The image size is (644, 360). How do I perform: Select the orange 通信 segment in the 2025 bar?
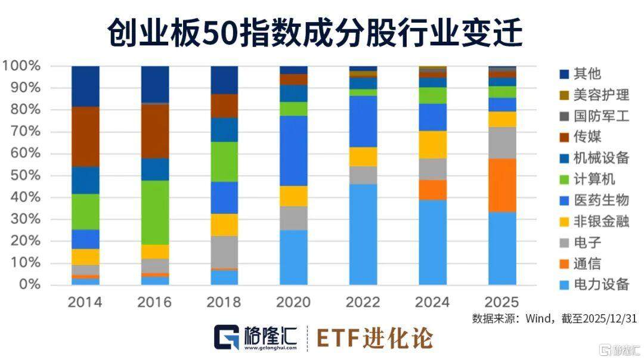(x=502, y=185)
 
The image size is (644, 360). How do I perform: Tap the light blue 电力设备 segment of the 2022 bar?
(x=363, y=234)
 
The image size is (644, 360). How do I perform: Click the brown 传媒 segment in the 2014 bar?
(x=85, y=136)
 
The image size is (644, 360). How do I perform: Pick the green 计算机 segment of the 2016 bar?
(x=155, y=212)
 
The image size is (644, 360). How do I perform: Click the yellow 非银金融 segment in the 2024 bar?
(x=432, y=144)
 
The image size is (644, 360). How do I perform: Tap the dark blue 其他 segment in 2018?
(x=224, y=80)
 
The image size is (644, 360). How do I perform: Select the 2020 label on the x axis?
(x=293, y=302)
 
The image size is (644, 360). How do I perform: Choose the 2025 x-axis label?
(x=502, y=302)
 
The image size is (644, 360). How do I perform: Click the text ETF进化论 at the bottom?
(x=374, y=338)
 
